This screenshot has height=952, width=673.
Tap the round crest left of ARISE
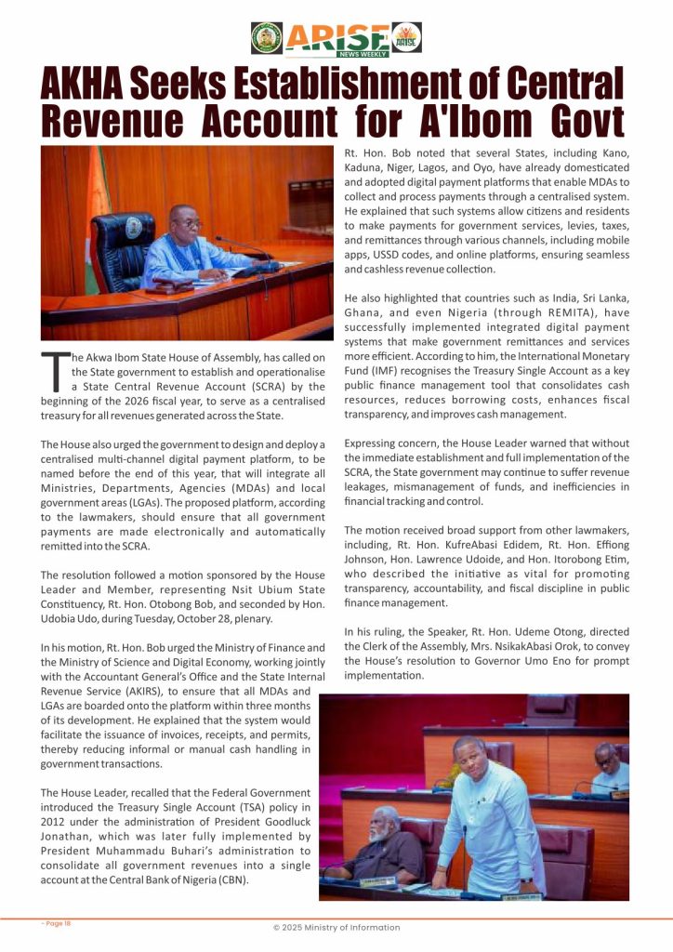267,37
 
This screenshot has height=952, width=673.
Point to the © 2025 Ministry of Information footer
336,927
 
